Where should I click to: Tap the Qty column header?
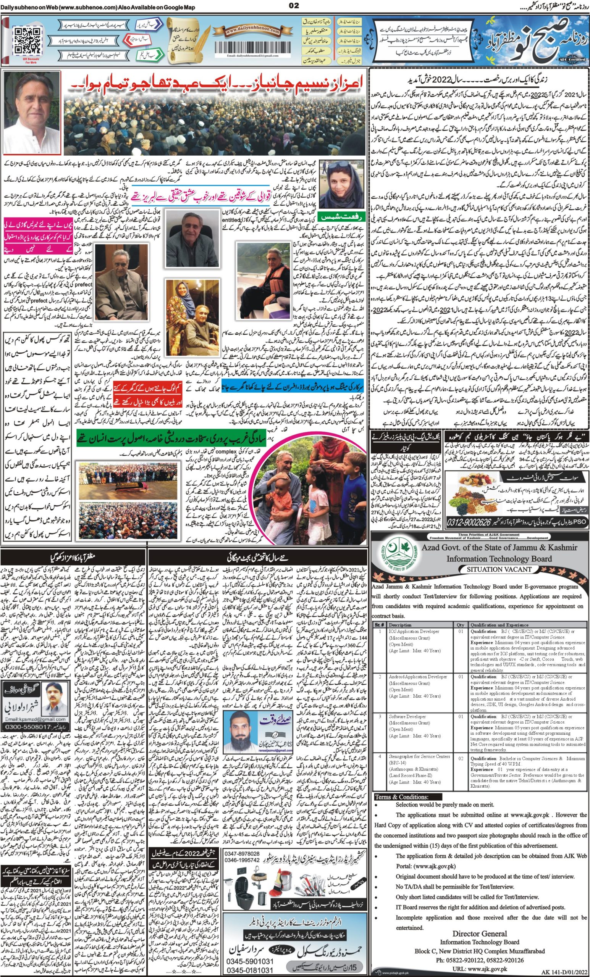pos(460,624)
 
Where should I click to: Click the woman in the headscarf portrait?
pos(337,183)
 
